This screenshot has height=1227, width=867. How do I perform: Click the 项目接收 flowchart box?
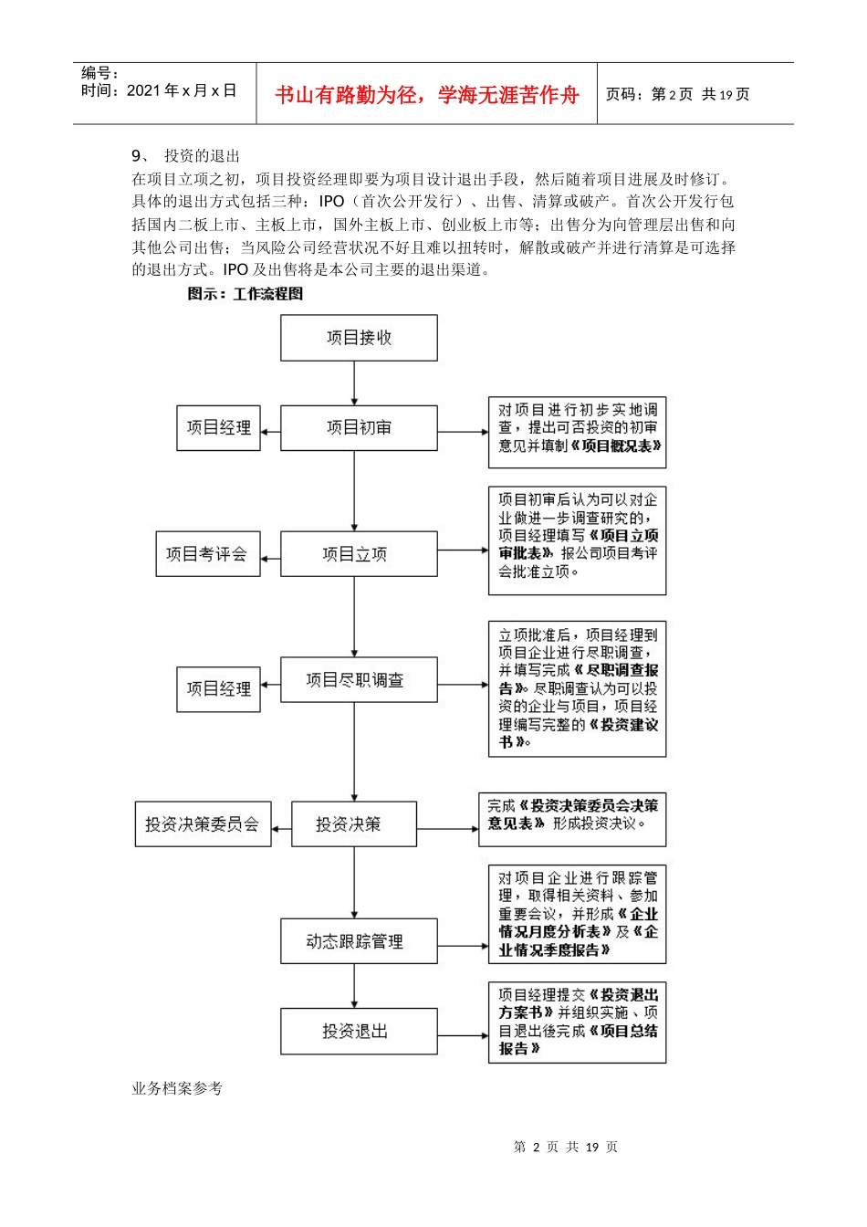pyautogui.click(x=359, y=338)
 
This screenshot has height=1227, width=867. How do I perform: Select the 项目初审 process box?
pyautogui.click(x=359, y=427)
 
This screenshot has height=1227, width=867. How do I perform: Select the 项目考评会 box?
pyautogui.click(x=207, y=554)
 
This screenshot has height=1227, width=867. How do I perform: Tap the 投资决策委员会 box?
pyautogui.click(x=203, y=824)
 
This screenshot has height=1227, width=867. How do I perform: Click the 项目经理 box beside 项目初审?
pyautogui.click(x=218, y=427)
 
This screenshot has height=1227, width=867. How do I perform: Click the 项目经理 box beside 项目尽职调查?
pyautogui.click(x=218, y=689)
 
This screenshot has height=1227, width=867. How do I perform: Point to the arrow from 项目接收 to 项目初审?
pyautogui.click(x=355, y=383)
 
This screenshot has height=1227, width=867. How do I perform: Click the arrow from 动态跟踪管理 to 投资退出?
pyautogui.click(x=355, y=986)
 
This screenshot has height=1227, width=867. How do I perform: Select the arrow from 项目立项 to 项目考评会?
pyautogui.click(x=270, y=555)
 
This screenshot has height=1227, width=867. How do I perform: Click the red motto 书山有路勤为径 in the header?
pyautogui.click(x=427, y=95)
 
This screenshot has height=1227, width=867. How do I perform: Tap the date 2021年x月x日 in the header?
pyautogui.click(x=182, y=90)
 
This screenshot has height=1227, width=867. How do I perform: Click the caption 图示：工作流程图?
pyautogui.click(x=245, y=294)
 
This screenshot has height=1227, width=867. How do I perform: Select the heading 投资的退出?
pyautogui.click(x=202, y=156)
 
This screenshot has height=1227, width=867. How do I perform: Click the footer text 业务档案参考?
pyautogui.click(x=177, y=1088)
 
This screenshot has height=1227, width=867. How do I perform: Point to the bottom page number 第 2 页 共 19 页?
pyautogui.click(x=566, y=1147)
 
